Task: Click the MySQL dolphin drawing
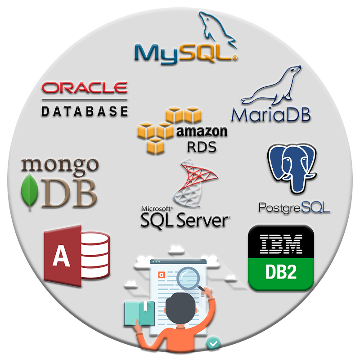click(x=216, y=29)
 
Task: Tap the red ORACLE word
click(x=85, y=87)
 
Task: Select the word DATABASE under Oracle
click(x=85, y=111)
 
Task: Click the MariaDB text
click(x=271, y=114)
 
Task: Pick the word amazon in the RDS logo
click(x=202, y=131)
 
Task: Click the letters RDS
click(x=202, y=147)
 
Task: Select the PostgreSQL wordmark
click(x=294, y=207)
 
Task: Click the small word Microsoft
click(x=156, y=208)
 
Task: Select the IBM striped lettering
click(x=281, y=244)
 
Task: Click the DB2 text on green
click(x=281, y=272)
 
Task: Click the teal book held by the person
click(x=139, y=314)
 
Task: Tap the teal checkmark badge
click(x=213, y=343)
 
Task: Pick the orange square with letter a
click(x=162, y=275)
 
